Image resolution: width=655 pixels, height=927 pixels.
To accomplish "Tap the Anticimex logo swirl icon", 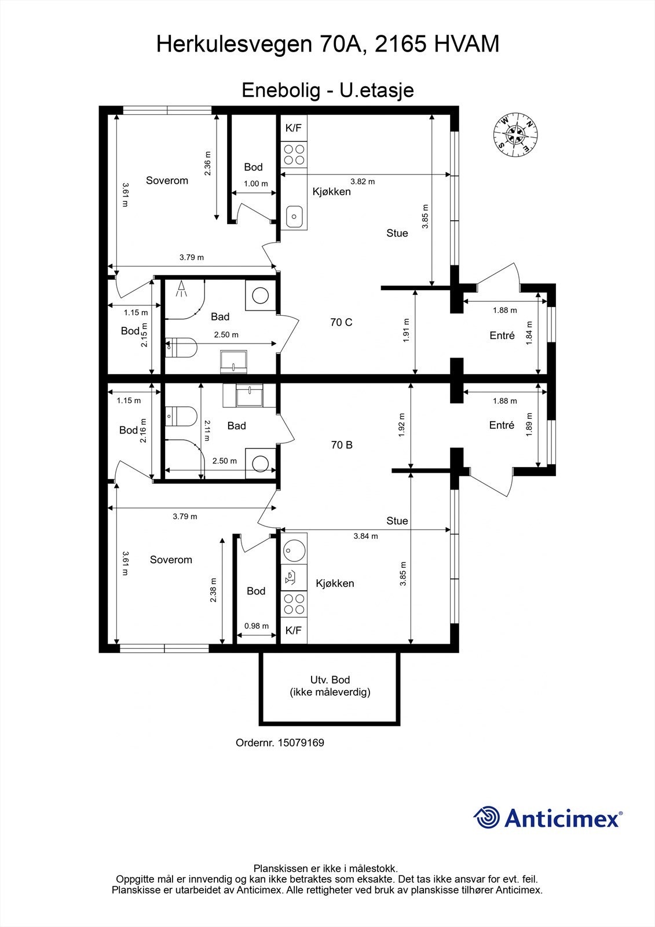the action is tap(486, 817).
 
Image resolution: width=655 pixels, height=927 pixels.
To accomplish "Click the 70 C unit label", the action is tap(341, 322).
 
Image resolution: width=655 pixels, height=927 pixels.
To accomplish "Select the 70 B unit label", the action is tap(342, 445).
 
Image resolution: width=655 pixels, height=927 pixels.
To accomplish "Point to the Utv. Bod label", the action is tap(330, 680).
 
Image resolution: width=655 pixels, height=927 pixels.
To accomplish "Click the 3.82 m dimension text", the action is tap(363, 181).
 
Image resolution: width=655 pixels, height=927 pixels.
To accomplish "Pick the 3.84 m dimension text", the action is tap(365, 536).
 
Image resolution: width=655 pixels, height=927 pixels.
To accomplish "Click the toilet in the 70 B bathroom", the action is tap(181, 417).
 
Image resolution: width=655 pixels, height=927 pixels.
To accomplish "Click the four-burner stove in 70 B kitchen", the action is tap(294, 604).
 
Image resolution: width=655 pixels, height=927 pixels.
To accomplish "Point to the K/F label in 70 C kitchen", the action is tap(294, 128).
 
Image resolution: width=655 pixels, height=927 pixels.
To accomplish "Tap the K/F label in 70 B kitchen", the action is tap(294, 630).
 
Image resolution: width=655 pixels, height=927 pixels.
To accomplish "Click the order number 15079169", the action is tap(301, 742).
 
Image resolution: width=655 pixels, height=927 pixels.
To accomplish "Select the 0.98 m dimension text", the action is tap(256, 626).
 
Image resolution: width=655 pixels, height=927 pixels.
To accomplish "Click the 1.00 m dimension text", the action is tap(256, 183).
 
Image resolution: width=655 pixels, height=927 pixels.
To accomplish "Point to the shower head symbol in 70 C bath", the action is tap(181, 289).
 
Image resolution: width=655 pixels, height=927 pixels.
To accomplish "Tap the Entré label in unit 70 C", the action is tap(502, 335).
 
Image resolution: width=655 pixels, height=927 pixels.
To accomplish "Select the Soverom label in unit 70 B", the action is tap(171, 560).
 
